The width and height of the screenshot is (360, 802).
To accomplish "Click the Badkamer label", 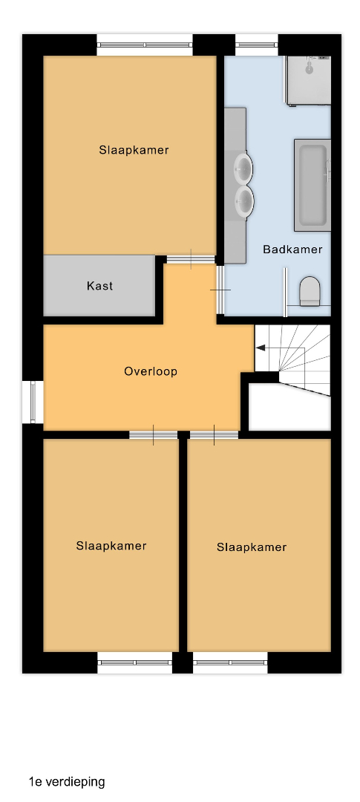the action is click(x=292, y=250).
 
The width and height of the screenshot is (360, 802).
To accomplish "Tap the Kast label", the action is click(x=99, y=286).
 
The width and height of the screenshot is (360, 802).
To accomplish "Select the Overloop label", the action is click(x=151, y=371).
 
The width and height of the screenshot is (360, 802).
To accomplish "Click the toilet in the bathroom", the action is click(x=310, y=291).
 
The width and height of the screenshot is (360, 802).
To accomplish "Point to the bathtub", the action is click(x=312, y=185).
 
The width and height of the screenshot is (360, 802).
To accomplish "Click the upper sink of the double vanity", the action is click(x=243, y=167).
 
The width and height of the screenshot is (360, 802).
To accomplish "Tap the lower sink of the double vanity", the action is click(x=243, y=199).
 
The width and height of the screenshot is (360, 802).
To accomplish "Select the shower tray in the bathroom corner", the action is click(x=308, y=81).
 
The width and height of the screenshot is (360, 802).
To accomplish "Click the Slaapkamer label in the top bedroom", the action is click(x=134, y=150).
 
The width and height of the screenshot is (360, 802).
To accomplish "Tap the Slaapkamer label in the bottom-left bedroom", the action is click(x=111, y=546).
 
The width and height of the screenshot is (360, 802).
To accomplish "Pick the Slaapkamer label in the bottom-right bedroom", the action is click(x=252, y=547).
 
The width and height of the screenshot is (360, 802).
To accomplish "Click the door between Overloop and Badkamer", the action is click(x=220, y=290).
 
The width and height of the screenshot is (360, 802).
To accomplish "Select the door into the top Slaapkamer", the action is click(x=192, y=259).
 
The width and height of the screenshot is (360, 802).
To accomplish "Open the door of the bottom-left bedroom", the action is click(x=154, y=435).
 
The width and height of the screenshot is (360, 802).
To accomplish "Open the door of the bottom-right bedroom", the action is click(x=215, y=435).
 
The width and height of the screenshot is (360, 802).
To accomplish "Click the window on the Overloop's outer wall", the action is click(x=33, y=402).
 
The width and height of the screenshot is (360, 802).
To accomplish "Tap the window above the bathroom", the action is click(x=257, y=45).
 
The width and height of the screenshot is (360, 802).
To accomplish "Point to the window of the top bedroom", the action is click(x=145, y=45).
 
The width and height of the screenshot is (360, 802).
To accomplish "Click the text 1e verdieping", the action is click(x=67, y=781).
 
